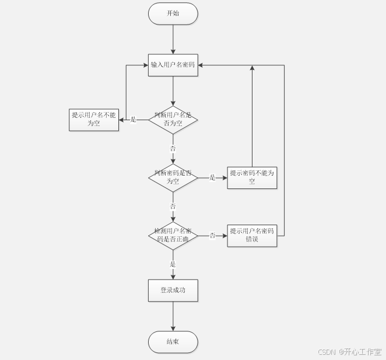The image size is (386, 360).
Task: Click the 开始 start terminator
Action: click(x=173, y=13)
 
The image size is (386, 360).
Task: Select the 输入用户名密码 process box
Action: click(x=173, y=65)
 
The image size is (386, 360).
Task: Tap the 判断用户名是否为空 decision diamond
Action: click(x=173, y=120)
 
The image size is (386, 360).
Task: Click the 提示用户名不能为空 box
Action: click(x=94, y=120)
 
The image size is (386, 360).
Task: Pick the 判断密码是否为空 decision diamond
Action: click(x=173, y=177)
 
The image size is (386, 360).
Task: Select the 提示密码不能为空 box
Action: click(x=252, y=177)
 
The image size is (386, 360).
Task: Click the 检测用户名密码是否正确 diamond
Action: click(x=173, y=236)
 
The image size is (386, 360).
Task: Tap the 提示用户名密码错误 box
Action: click(x=252, y=235)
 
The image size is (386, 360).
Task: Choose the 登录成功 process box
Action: click(x=173, y=290)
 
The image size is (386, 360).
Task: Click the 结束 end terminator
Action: click(x=173, y=342)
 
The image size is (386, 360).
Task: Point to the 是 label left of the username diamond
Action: click(x=133, y=120)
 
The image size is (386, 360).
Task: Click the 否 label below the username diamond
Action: click(x=173, y=149)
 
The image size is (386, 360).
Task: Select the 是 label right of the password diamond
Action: click(x=212, y=177)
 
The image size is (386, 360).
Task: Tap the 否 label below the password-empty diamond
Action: click(x=173, y=207)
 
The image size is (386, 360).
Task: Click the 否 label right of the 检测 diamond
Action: click(x=212, y=236)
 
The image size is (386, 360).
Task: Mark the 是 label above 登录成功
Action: click(x=173, y=264)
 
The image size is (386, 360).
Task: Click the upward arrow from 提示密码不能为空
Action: click(x=252, y=117)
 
